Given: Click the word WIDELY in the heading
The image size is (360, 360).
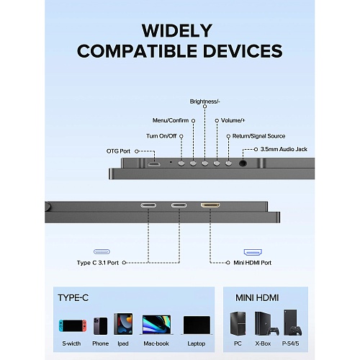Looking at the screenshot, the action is pos(177,30).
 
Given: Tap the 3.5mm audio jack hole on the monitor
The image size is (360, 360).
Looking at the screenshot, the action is pos(243,163).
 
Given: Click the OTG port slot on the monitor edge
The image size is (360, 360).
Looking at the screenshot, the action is pos(154,164).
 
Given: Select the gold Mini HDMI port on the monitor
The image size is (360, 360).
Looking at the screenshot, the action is pos(210,205).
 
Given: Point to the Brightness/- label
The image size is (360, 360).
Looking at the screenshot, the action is pos(204,102).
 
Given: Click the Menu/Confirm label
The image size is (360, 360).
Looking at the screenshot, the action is pos(171,120).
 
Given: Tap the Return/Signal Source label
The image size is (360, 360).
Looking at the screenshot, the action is pos(258,136).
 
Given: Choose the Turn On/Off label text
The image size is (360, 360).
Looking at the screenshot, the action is pos(161,136).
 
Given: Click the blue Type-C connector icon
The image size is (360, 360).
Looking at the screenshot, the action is pos(102,251).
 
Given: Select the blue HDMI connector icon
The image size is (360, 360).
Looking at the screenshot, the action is pos(253,252).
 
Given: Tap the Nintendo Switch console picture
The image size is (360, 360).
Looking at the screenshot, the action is pos(73,325).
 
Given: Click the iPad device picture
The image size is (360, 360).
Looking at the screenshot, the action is pos(123,324).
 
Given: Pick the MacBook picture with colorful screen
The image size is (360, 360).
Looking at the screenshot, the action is pos(156,325).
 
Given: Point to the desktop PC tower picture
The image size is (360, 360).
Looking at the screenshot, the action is pos(238,323).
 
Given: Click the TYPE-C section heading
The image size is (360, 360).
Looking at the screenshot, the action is pos(73,298).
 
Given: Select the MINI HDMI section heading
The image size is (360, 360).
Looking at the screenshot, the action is pos(257,298).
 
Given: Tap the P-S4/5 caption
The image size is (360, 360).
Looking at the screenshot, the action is pos(290,343).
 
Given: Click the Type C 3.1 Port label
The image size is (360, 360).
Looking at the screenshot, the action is pos(98,263).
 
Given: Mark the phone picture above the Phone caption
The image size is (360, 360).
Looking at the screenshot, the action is pos(100,326).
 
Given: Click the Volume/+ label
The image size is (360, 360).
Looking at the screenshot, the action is pos(233,120).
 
